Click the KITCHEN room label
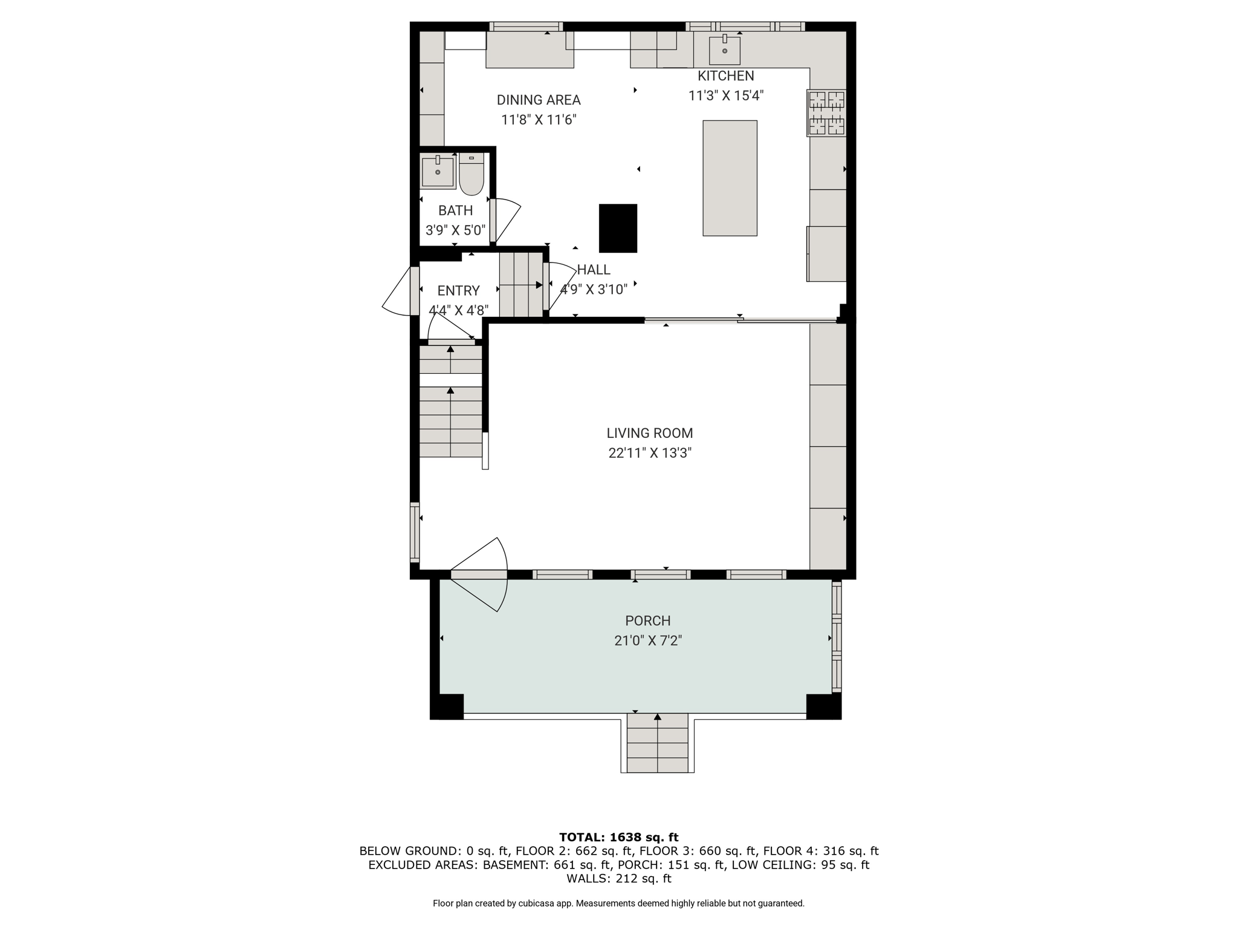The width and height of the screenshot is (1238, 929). click(725, 76)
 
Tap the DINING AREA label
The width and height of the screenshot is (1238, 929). click(539, 100)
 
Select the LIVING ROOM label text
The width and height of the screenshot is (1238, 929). click(650, 433)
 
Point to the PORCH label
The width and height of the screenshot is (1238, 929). click(648, 621)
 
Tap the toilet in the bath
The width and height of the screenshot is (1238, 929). click(472, 174)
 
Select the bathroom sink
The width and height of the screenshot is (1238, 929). click(438, 171)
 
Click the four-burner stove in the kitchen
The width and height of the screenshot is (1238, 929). click(826, 113)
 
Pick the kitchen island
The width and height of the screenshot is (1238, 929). click(730, 178)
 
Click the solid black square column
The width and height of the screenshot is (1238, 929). click(618, 228)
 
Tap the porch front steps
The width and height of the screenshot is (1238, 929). click(657, 743)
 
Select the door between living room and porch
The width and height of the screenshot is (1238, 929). click(479, 575)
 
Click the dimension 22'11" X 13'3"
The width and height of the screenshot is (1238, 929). click(650, 453)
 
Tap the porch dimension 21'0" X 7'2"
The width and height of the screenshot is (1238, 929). click(648, 641)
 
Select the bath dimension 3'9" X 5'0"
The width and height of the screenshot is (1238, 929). click(456, 230)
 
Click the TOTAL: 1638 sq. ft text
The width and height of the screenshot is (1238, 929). click(618, 838)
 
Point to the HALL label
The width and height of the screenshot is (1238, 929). click(594, 270)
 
